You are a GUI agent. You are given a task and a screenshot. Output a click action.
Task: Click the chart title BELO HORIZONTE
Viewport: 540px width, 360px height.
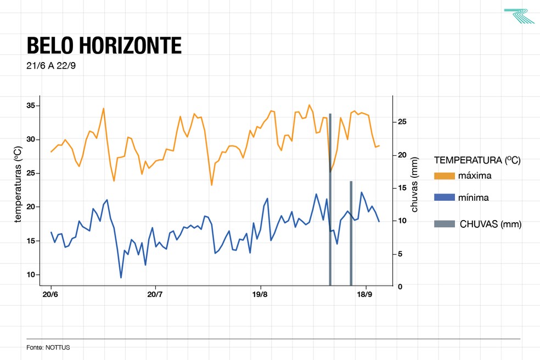pos(104,46)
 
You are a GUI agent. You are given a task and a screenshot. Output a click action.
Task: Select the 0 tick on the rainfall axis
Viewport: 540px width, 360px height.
pos(401,286)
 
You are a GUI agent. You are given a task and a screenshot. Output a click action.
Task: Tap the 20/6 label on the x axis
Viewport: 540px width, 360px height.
pos(50,295)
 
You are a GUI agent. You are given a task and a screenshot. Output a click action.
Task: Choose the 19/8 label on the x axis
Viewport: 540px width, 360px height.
pos(260,295)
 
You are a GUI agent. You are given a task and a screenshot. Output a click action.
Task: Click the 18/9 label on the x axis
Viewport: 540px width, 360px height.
pos(365,295)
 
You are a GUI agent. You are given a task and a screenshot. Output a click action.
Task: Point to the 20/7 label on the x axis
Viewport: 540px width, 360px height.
pos(155,295)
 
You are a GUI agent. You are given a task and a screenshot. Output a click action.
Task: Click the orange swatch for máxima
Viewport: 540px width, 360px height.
pos(444,176)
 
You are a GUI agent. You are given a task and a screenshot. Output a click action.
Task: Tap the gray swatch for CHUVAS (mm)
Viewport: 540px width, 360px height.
pos(444,224)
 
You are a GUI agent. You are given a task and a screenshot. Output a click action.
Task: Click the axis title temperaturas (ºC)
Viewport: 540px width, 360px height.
pos(18,185)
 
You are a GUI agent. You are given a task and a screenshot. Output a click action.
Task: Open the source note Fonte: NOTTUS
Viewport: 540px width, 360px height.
pos(48,347)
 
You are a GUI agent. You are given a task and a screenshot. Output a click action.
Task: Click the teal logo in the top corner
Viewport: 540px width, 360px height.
pos(519,16)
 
